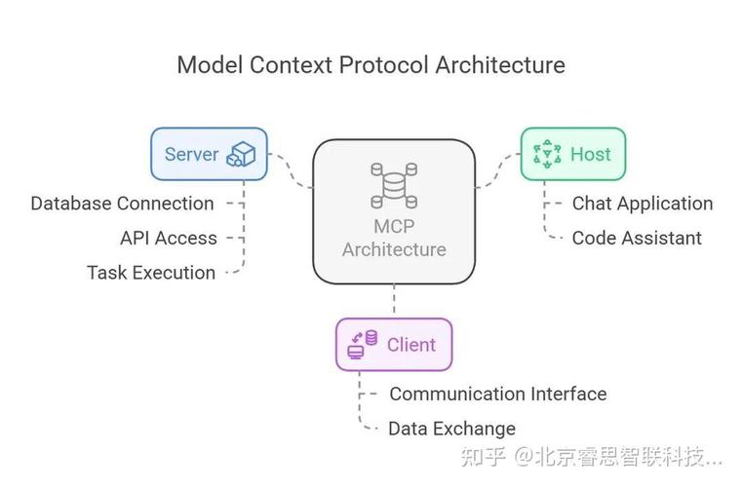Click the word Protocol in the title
383,65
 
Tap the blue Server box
210,154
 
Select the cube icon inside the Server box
241,154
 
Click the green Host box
573,154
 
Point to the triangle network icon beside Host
547,154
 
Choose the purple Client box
394,345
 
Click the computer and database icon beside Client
363,345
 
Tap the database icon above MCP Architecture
394,186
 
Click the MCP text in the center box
394,227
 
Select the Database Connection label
122,204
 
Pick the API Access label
169,238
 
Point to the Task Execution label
151,273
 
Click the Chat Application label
643,204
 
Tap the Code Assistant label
637,238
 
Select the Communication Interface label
498,393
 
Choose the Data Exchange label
451,429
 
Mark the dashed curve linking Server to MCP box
291,171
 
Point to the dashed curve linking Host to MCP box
498,171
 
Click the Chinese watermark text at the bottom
592,457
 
